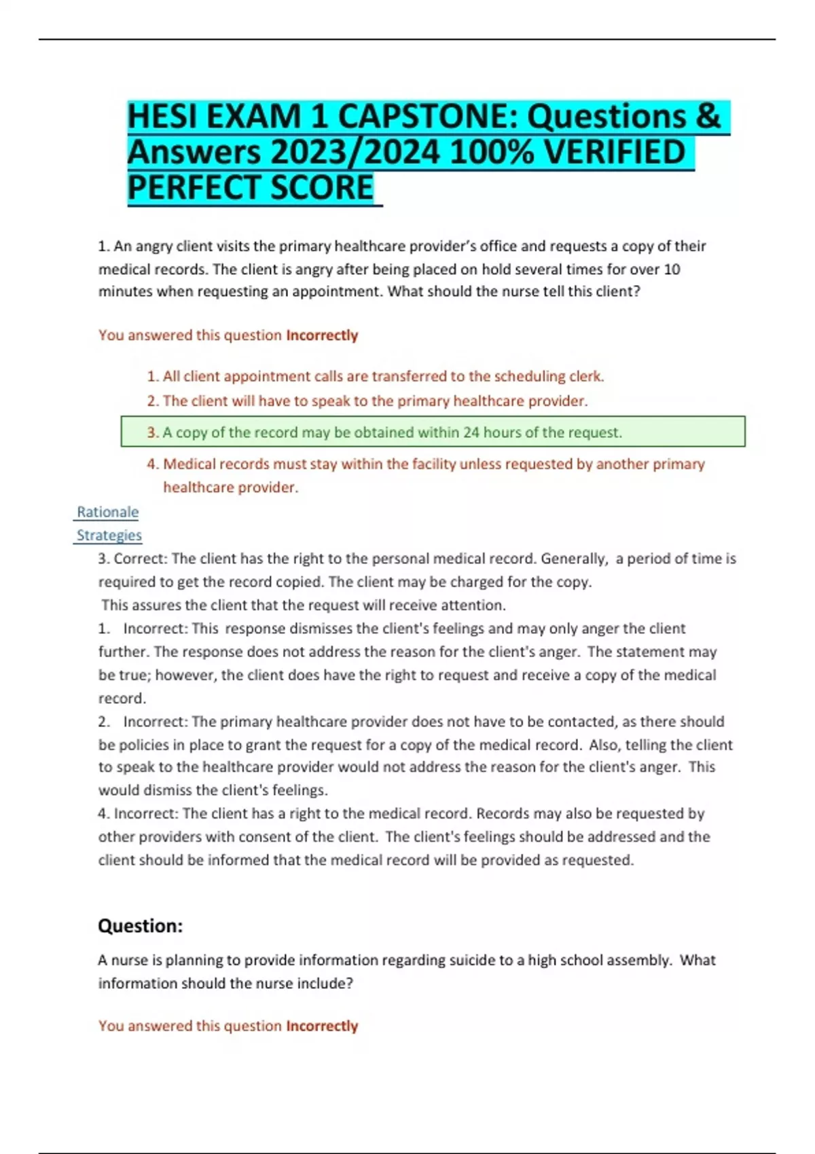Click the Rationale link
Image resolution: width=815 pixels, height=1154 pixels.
pyautogui.click(x=107, y=512)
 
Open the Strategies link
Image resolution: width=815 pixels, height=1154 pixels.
pyautogui.click(x=109, y=535)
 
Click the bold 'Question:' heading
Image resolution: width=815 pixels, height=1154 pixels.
pyautogui.click(x=141, y=926)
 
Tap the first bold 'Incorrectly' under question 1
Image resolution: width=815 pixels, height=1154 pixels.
pyautogui.click(x=322, y=335)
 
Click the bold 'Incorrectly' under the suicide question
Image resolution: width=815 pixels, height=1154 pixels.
pyautogui.click(x=322, y=1026)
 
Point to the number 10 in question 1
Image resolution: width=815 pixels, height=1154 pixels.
pyautogui.click(x=671, y=269)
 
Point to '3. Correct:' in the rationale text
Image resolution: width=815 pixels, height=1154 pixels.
pyautogui.click(x=133, y=559)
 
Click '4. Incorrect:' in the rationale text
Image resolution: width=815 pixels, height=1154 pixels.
pyautogui.click(x=139, y=813)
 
